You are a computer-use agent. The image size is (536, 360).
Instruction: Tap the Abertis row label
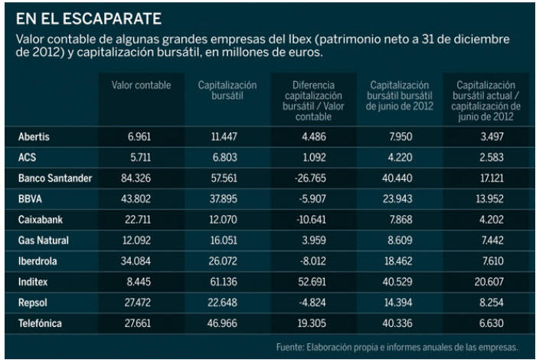click(34, 136)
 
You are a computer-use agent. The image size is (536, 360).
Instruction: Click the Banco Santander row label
click(54, 178)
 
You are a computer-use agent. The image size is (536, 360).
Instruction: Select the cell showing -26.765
click(311, 178)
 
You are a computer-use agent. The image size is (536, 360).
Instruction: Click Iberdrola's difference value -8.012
click(311, 261)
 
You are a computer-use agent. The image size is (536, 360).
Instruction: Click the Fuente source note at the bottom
click(397, 347)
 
